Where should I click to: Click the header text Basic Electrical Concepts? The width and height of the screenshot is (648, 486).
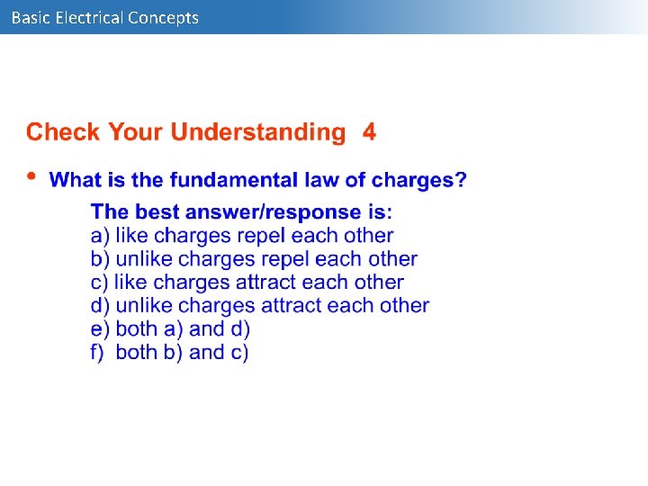point(104,17)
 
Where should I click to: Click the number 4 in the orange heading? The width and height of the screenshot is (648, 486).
point(369,132)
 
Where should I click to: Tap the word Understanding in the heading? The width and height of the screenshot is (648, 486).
point(257,133)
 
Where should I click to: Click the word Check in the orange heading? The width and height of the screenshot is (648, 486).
point(64,132)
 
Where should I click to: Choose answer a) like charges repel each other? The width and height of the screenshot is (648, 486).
point(242,236)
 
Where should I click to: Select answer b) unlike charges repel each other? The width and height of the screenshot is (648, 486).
point(254,259)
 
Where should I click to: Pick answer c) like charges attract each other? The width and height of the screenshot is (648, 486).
point(247,283)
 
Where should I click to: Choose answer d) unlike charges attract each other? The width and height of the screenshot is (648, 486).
point(260,306)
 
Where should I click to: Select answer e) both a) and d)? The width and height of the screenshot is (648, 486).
point(170,329)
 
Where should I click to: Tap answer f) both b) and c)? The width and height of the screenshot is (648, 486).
point(170,353)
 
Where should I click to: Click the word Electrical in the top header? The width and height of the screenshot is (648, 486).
point(88,17)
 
